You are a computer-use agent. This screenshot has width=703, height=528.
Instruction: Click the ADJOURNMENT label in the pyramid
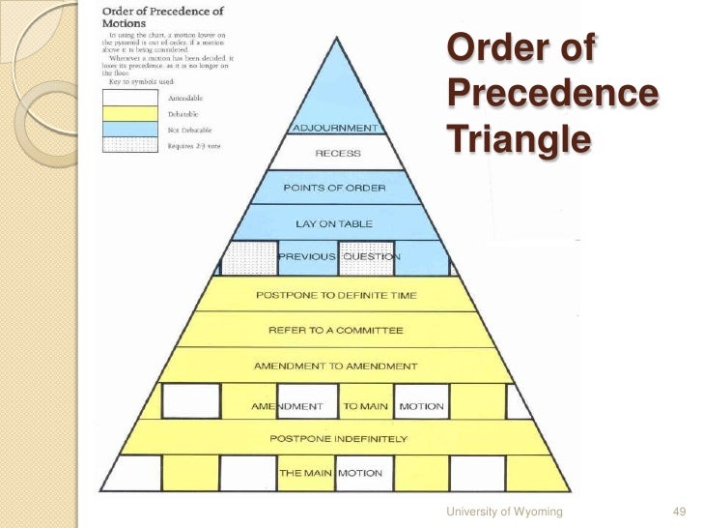coord(335,127)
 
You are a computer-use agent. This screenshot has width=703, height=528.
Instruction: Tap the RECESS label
coord(337,153)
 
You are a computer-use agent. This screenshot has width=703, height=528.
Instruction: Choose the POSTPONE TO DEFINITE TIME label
coord(336,294)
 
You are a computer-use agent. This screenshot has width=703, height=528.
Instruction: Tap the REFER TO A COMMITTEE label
coord(336,331)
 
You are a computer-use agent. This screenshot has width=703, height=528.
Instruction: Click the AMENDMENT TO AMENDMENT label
coord(335,367)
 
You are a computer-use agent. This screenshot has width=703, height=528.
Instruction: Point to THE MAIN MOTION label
coord(330,474)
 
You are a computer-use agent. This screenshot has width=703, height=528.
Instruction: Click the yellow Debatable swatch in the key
coord(130,113)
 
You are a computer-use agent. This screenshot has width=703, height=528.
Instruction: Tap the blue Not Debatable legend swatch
coord(130,128)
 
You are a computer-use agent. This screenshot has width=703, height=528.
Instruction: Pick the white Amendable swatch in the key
coord(130,98)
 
